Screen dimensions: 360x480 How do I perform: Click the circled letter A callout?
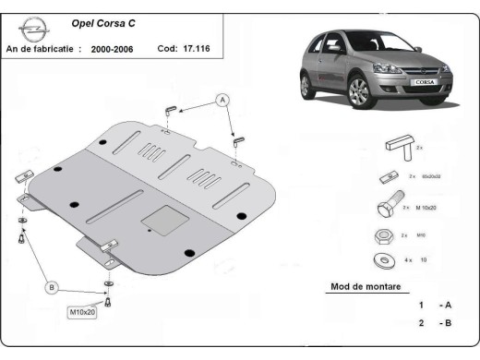[222, 99]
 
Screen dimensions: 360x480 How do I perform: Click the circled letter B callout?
[52, 288]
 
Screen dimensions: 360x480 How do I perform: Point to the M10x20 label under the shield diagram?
[86, 312]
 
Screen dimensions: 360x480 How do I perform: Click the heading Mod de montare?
[366, 287]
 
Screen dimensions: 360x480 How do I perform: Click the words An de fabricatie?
[43, 47]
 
